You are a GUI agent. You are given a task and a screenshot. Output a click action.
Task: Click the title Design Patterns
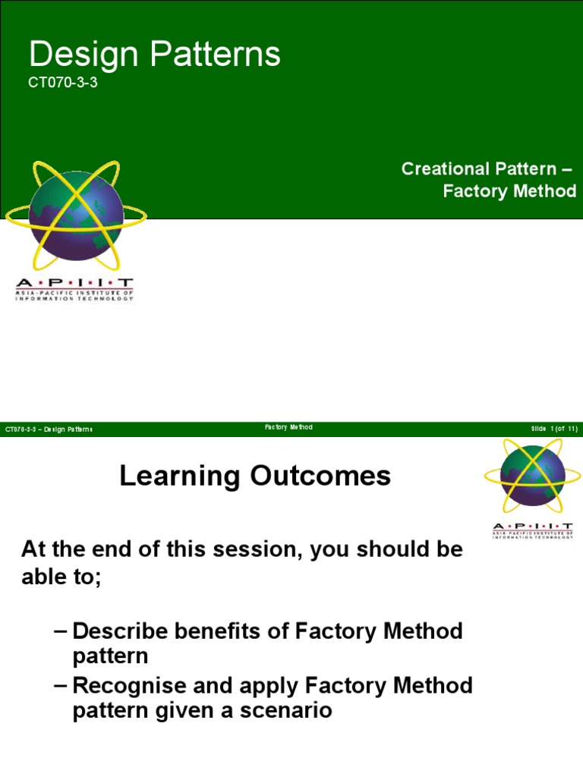coord(154,55)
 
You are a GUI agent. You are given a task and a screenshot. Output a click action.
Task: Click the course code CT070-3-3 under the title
coord(63,84)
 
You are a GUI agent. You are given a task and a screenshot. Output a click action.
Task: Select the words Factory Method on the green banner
coord(509,191)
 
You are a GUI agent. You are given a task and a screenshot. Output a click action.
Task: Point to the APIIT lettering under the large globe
coord(74,283)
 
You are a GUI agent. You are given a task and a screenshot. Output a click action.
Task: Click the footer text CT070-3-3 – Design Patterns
coord(49,429)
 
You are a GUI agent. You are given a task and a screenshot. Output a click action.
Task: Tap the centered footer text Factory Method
coord(288,428)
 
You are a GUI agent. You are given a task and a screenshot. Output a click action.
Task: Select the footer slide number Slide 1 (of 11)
coord(554,429)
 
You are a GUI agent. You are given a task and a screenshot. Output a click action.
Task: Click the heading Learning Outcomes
coord(255,477)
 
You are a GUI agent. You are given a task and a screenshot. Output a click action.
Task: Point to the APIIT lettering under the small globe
coord(532,527)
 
